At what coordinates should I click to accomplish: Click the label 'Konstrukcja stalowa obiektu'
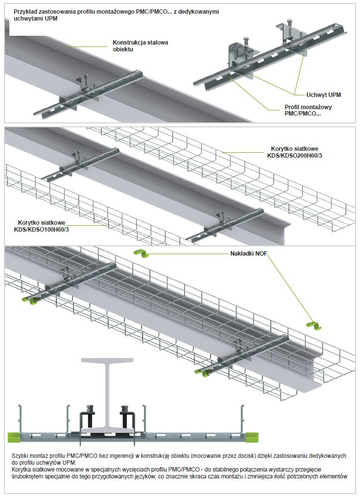click(x=140, y=46)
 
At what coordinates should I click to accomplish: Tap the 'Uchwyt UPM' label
click(x=323, y=95)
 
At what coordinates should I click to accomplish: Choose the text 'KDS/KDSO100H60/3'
click(x=42, y=229)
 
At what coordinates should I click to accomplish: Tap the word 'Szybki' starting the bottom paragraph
click(x=20, y=456)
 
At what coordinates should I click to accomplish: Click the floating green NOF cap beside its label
click(x=141, y=253)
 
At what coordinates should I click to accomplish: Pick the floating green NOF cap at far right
click(x=312, y=325)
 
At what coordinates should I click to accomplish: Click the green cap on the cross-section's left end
click(x=13, y=435)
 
